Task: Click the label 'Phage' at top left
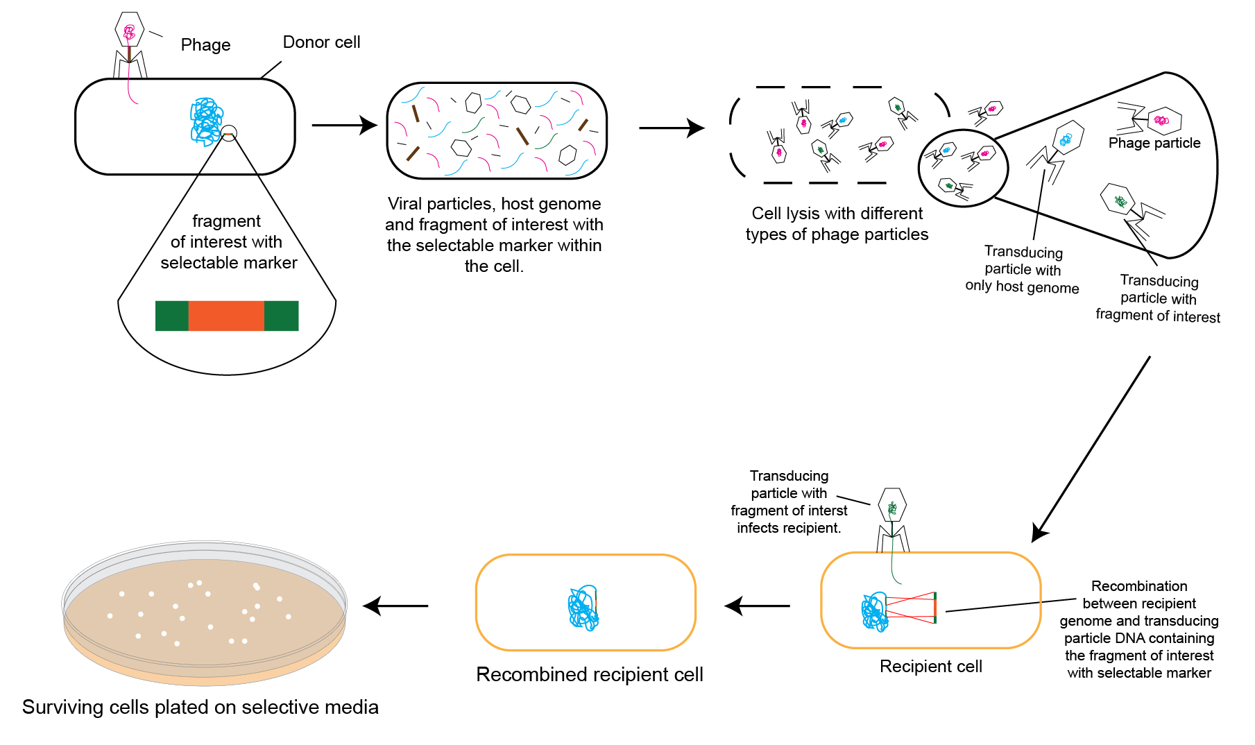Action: click(205, 45)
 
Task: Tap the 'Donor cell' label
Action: click(321, 42)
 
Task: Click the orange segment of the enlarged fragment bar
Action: click(226, 316)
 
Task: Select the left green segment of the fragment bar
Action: click(171, 316)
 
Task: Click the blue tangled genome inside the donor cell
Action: click(207, 121)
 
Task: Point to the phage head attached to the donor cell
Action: click(129, 30)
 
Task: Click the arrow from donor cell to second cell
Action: click(343, 125)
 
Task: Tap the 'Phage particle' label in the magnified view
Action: click(1154, 143)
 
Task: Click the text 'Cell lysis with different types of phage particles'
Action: click(837, 223)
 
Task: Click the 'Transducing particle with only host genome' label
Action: click(1022, 270)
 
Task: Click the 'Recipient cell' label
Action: click(930, 666)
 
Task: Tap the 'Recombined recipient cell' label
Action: click(589, 674)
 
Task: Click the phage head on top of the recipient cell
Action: click(892, 506)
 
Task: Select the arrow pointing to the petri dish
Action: click(395, 606)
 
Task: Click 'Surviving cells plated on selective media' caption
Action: click(200, 707)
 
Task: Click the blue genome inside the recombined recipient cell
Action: click(583, 608)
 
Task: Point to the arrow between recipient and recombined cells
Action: click(757, 606)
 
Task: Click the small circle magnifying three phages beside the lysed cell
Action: click(962, 168)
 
